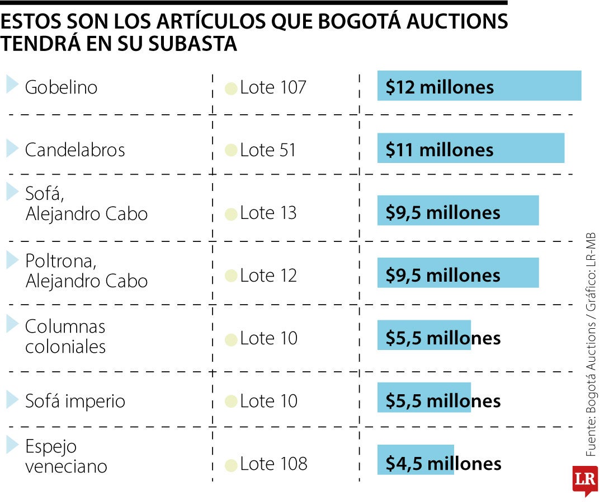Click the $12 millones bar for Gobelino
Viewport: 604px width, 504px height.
click(x=479, y=86)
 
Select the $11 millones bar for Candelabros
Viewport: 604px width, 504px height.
click(x=470, y=148)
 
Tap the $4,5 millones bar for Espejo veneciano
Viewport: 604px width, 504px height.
click(x=416, y=460)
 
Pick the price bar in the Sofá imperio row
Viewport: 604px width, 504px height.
click(x=424, y=398)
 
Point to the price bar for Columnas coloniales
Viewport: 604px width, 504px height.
click(x=424, y=335)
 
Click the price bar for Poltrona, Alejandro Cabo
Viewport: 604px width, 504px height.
click(x=457, y=273)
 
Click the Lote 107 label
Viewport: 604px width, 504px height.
click(x=273, y=87)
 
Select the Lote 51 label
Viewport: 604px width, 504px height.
click(x=267, y=150)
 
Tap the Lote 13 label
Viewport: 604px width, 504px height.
click(x=268, y=213)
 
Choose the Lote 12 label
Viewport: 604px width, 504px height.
click(x=268, y=276)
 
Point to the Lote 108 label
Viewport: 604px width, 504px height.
click(x=273, y=464)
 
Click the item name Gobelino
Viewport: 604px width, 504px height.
click(x=61, y=87)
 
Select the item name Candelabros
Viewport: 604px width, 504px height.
click(x=75, y=150)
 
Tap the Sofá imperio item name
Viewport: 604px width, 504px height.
click(x=75, y=401)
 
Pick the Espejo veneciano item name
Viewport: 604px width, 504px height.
click(x=65, y=456)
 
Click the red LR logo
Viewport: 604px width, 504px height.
click(x=584, y=480)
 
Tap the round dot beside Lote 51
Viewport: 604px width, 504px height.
click(x=230, y=151)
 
